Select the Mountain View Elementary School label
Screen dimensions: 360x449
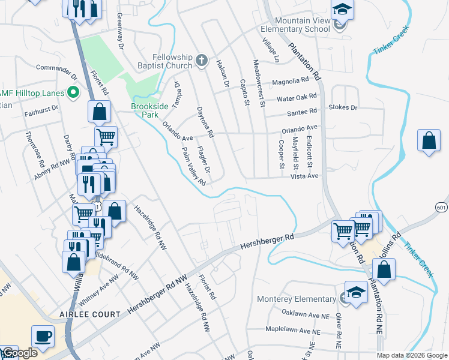295,25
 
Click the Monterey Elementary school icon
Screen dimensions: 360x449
355,294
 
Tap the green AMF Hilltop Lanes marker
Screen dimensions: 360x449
74,92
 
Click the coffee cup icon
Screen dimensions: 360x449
42,337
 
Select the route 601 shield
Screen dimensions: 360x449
442,207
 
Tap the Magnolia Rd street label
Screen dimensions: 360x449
290,80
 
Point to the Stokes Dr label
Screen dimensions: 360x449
343,107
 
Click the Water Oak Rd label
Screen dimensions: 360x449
296,97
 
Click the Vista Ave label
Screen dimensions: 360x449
304,176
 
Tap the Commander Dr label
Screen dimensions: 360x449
57,71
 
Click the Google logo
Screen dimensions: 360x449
19,353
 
